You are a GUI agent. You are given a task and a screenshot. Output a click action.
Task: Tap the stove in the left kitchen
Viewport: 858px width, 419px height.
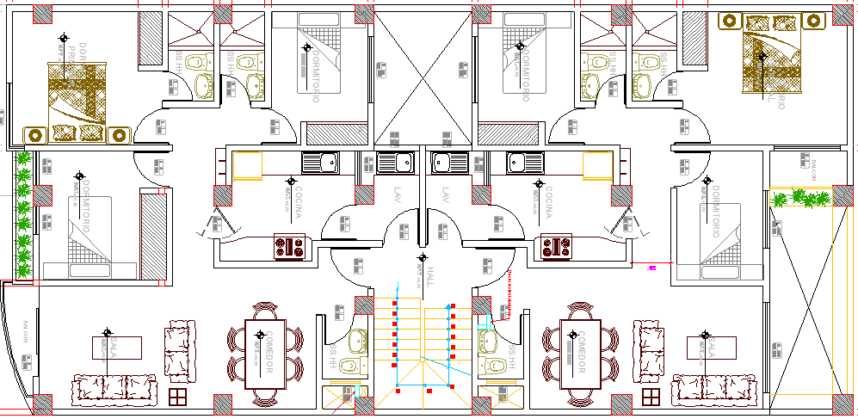(289, 247)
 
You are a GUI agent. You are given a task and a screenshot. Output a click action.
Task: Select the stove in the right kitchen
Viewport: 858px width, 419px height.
(557, 247)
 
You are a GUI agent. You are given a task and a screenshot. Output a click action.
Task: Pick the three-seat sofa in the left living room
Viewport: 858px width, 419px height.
(114, 389)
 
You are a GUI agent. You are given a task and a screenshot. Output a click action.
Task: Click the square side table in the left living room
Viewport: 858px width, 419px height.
(177, 397)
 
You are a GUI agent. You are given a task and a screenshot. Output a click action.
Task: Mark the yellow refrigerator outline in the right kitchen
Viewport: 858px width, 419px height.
(596, 165)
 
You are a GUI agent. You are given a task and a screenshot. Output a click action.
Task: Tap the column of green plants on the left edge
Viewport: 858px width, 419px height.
(23, 214)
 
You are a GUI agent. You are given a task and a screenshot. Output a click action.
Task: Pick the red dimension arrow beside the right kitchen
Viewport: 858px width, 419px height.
(651, 268)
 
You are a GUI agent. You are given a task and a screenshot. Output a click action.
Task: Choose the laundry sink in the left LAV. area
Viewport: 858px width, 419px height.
(396, 163)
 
